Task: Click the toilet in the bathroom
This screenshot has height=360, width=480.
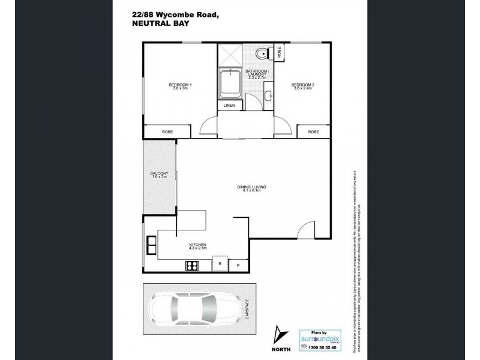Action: click(259, 55)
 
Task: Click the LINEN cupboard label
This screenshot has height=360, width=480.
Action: click(230, 106)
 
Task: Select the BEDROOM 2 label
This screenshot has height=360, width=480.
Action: click(303, 86)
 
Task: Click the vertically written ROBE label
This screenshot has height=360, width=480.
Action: click(279, 52)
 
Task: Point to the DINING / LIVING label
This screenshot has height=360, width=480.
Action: click(253, 188)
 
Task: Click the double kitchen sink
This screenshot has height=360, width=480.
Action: click(150, 245)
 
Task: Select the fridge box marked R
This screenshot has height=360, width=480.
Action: click(220, 263)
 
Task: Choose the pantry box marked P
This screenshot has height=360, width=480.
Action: click(238, 265)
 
